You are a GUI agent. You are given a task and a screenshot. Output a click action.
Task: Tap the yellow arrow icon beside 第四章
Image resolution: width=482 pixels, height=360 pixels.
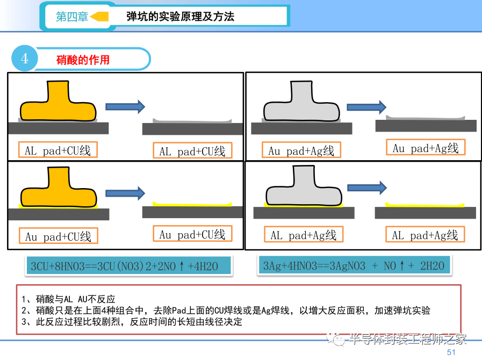coord(100,17)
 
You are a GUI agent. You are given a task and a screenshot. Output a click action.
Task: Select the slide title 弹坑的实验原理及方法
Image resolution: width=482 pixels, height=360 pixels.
coord(180,17)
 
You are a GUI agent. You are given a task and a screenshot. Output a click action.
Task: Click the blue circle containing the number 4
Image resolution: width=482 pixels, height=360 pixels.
coord(25,59)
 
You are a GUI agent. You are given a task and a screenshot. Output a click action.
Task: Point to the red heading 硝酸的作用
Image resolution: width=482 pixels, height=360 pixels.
coord(83,59)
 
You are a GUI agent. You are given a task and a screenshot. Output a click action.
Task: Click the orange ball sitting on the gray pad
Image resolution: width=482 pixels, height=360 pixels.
coord(58,102)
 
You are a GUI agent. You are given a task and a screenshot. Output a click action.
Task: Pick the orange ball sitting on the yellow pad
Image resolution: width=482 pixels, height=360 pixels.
coord(58,188)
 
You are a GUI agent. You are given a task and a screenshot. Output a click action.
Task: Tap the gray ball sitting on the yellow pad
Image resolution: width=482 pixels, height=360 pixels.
coord(303,189)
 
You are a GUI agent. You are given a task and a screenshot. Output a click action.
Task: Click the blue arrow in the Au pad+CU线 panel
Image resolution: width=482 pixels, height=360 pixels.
coord(125,192)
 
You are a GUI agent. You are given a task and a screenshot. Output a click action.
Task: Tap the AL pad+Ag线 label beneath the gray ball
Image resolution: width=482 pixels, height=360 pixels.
coord(303,235)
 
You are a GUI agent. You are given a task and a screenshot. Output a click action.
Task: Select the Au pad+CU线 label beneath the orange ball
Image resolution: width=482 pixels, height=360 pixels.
coord(59,236)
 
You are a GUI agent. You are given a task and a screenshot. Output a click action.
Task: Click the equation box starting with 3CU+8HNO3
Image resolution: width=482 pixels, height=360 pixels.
coord(129,266)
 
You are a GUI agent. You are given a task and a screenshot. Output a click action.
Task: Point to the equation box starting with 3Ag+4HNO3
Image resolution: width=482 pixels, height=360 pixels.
coord(354,265)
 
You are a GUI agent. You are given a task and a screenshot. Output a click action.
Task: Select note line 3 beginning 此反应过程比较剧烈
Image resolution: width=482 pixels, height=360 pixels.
coord(132,322)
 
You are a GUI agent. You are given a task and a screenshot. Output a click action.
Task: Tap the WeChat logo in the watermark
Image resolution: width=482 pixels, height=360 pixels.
coord(339,339)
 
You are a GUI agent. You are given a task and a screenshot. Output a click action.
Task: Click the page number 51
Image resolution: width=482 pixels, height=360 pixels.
coord(451,352)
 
